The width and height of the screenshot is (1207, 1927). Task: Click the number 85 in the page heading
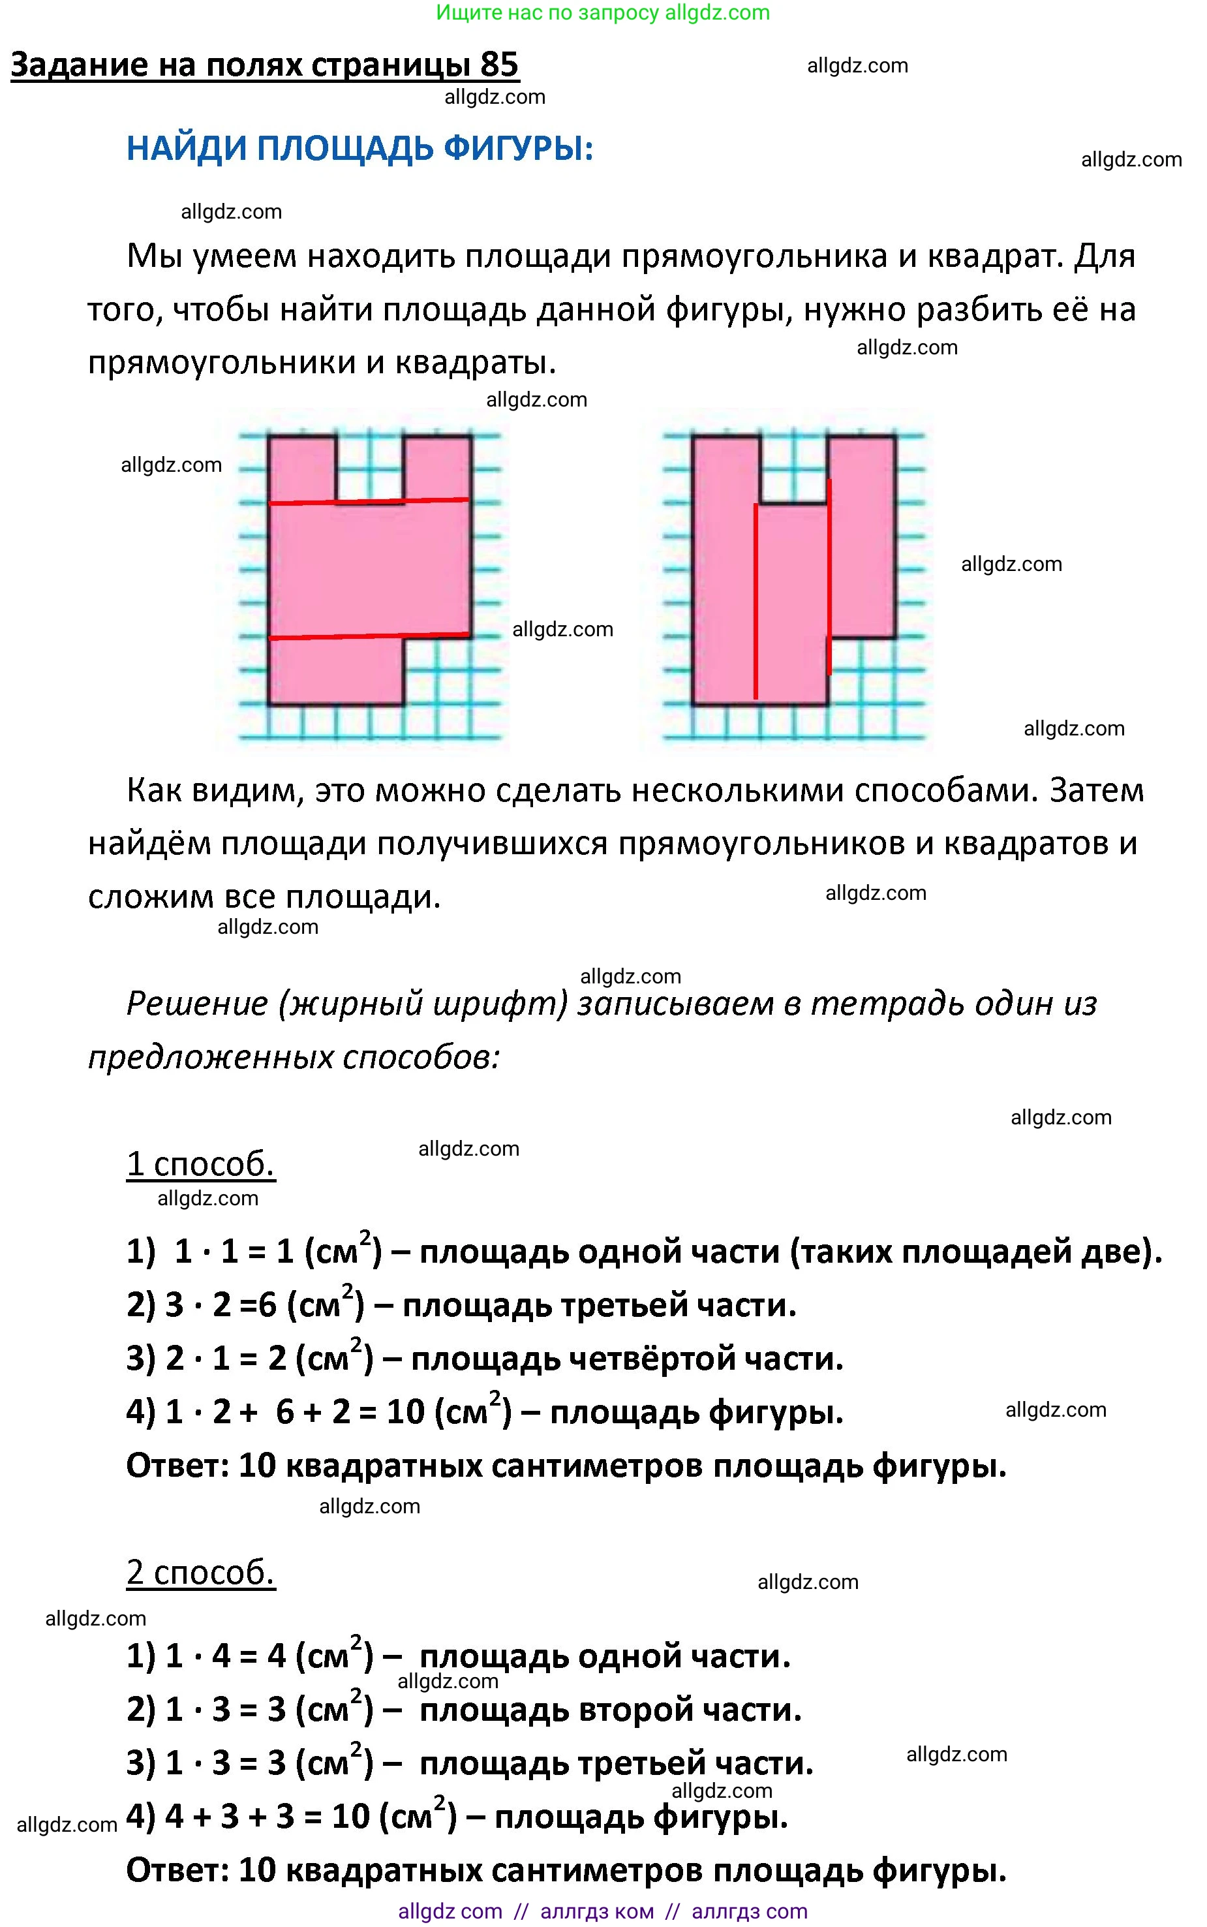(x=499, y=65)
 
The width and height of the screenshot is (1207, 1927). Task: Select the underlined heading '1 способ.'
(x=200, y=1165)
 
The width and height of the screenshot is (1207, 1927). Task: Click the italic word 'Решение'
(x=196, y=1004)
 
